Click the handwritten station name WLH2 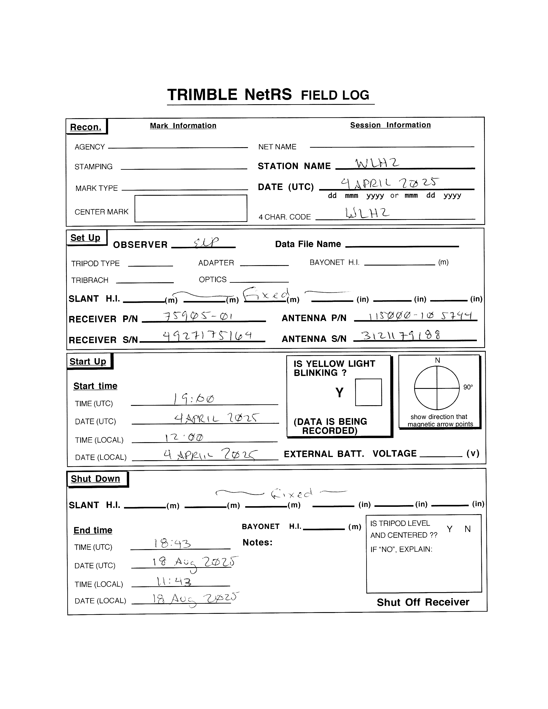point(377,163)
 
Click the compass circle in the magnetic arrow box point(437,388)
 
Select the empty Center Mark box point(191,208)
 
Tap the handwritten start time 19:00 point(194,399)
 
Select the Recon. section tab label point(86,127)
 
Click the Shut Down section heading point(95,479)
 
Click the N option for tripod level point(467,529)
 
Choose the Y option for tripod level point(449,529)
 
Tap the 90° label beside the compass point(468,387)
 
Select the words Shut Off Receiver point(423,602)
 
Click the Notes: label point(257,542)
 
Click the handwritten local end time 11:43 point(174,581)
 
